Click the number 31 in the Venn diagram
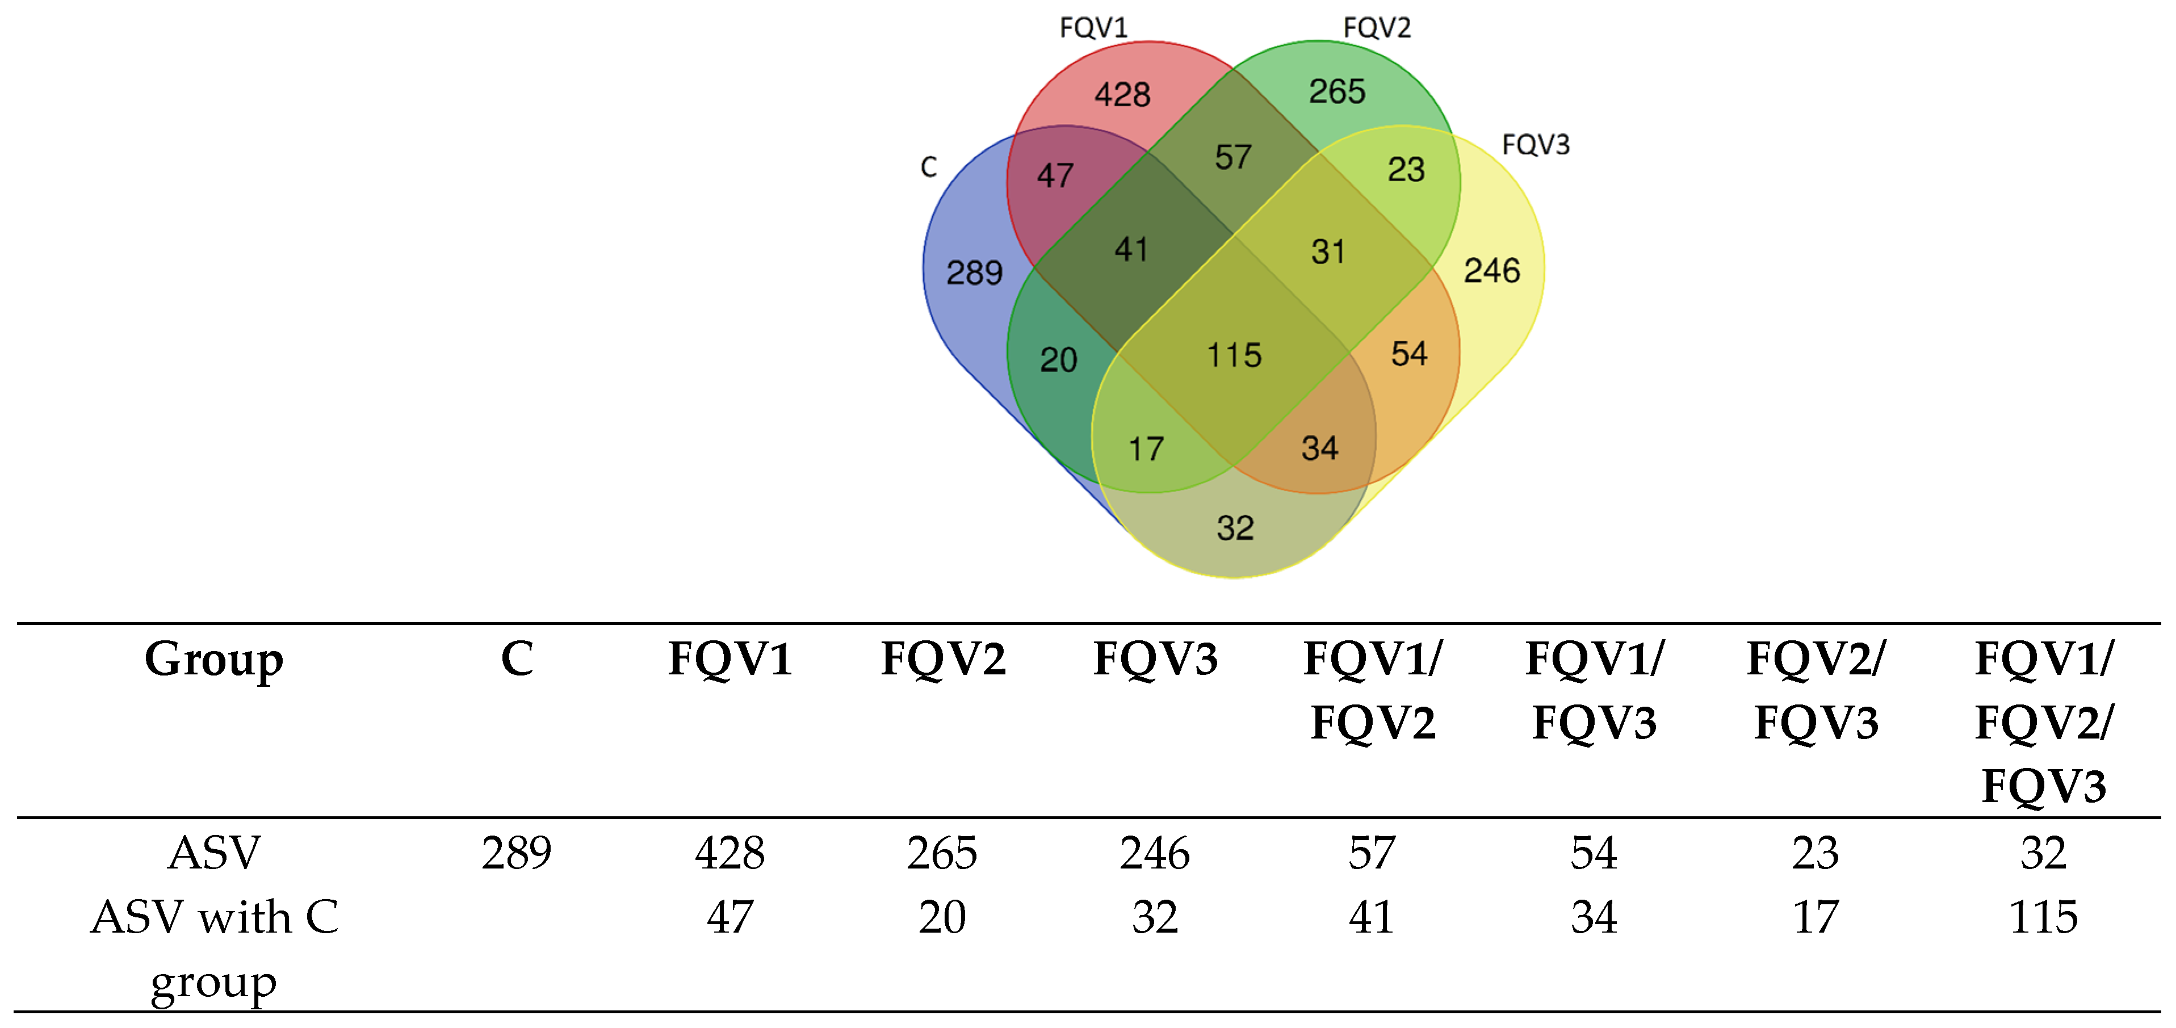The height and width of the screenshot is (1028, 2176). coord(1328,251)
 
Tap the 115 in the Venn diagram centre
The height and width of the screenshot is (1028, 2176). coord(1234,355)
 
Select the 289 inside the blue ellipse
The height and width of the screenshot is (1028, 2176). coord(974,273)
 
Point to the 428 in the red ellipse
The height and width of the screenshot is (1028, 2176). coord(1123,95)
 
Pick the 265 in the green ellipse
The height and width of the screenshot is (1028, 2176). coord(1337,91)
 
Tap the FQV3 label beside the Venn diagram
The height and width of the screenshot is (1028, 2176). coord(1536,145)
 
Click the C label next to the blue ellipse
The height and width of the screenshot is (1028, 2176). coord(928,167)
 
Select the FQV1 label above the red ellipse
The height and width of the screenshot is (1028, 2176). coord(1094,28)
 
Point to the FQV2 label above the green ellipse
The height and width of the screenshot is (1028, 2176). coord(1377,28)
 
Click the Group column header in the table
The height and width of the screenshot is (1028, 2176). coord(213,660)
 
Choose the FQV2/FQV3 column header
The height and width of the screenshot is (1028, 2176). coord(1816,690)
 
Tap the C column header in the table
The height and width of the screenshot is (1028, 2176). coord(517,659)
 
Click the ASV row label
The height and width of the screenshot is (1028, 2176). coord(213,853)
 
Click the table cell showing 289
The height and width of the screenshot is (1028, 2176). coord(517,853)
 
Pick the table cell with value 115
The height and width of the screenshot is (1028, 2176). coord(2043,917)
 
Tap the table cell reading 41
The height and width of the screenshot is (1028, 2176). coord(1371,917)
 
